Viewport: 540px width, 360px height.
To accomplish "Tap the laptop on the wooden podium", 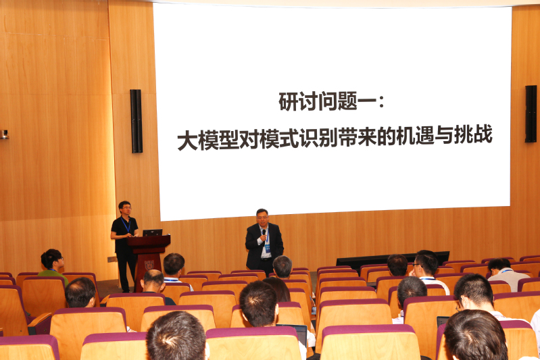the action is [x=152, y=232].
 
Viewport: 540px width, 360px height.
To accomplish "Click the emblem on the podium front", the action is [x=149, y=265].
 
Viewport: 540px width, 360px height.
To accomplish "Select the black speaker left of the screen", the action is [x=136, y=121].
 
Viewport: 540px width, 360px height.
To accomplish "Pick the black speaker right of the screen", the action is [x=531, y=113].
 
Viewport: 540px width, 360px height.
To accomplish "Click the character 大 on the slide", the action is [x=187, y=140].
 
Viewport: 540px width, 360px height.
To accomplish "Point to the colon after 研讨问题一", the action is [x=381, y=102].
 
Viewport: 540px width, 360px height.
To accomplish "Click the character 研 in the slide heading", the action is [x=289, y=101].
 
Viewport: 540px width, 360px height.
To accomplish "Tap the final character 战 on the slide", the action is [x=483, y=134].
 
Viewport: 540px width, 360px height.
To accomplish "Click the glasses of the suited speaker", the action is [x=262, y=217].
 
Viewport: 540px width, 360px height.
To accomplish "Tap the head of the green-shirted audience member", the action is [x=51, y=259].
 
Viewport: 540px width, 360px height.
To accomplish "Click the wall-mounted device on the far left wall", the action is [x=4, y=134].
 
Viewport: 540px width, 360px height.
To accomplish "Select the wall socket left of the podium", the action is [x=112, y=259].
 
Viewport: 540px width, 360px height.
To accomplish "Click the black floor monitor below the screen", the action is [x=393, y=257].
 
